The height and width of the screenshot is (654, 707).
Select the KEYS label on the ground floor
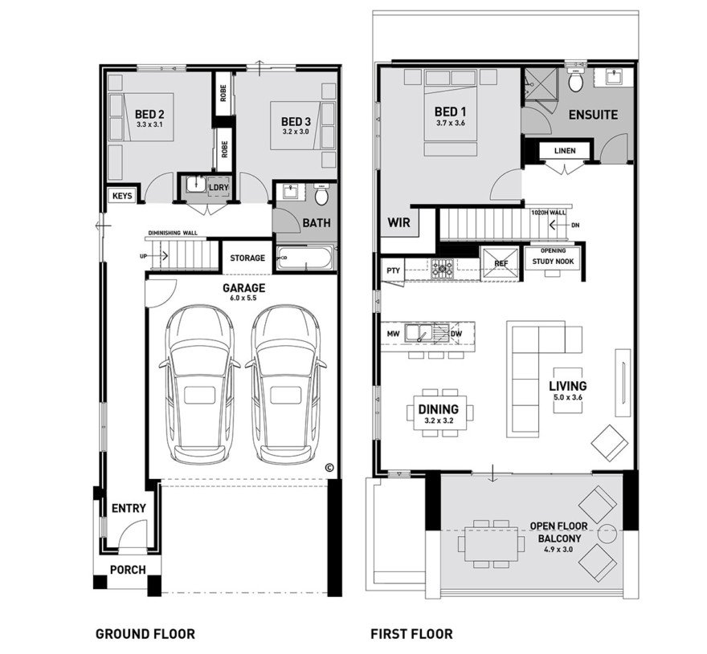123,195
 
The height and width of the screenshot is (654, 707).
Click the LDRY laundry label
219,188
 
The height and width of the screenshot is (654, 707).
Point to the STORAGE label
247,258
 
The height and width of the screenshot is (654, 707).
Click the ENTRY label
129,508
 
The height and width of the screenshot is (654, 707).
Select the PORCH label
127,570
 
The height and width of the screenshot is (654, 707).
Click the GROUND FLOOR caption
145,633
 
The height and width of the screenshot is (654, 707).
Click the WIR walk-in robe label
399,222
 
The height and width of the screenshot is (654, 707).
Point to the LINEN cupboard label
565,150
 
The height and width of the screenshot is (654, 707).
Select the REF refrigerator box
500,262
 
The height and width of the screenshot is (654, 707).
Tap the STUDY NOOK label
553,260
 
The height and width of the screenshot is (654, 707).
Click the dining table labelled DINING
438,413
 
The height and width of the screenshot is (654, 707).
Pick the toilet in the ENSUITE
575,83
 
